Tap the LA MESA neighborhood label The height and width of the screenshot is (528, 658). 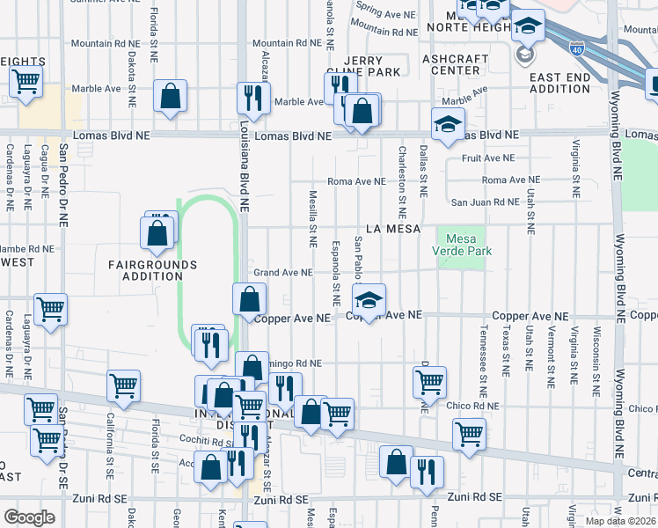[384, 229]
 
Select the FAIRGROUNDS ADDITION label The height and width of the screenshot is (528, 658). [152, 270]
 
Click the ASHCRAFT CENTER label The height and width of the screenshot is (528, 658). [455, 65]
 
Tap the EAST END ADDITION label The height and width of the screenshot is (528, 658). [559, 84]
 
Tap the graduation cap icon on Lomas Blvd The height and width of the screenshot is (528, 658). [447, 124]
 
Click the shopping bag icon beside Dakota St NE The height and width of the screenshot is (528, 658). [169, 98]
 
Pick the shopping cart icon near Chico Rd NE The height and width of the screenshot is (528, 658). [429, 381]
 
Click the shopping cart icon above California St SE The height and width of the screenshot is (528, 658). [123, 385]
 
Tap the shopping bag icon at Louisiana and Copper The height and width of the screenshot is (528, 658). [249, 299]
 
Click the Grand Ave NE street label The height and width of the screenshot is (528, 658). [283, 273]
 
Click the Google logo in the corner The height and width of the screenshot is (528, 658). [29, 517]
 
